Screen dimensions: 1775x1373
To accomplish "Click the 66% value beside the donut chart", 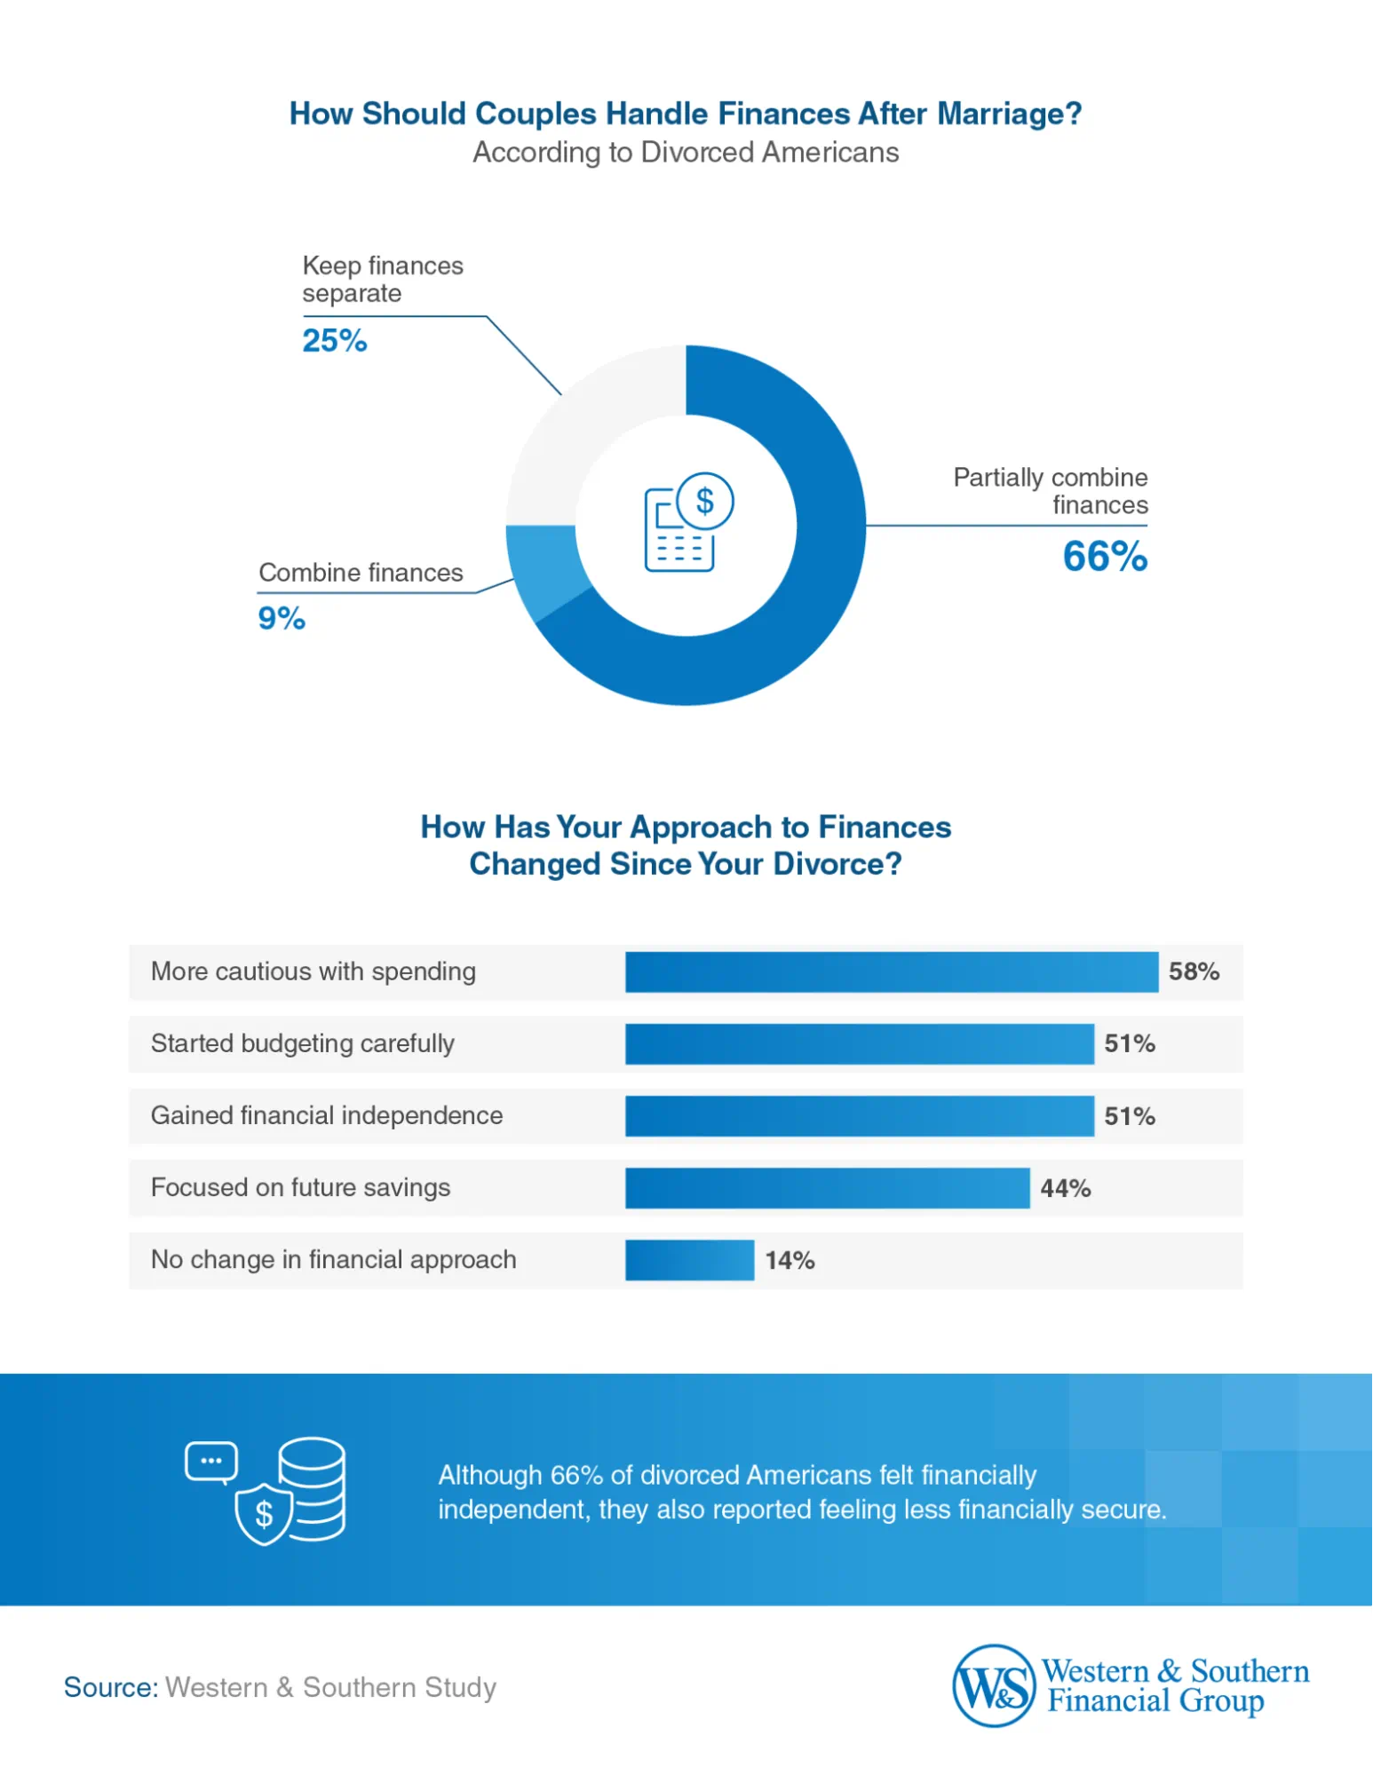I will [x=1105, y=558].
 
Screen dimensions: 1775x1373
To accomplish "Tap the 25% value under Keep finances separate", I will [x=335, y=341].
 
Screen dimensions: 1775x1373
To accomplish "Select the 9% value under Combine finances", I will [x=282, y=618].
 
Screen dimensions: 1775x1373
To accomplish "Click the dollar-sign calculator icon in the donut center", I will [x=687, y=522].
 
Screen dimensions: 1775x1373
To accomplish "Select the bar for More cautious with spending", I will [x=891, y=971].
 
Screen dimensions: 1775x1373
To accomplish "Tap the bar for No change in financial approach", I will [x=689, y=1260].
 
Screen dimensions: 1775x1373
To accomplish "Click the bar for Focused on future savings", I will [x=827, y=1188].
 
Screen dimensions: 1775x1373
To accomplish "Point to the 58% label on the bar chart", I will [x=1194, y=971].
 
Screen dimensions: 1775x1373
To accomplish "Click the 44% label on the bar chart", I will [x=1065, y=1188].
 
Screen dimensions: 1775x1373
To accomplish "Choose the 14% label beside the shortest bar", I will [x=790, y=1260].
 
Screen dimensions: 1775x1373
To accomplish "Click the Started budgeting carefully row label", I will [x=303, y=1043].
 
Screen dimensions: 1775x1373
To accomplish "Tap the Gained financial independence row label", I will [x=327, y=1115].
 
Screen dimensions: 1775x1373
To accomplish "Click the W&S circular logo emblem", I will [x=994, y=1684].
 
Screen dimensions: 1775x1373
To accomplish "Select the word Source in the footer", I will [x=110, y=1687].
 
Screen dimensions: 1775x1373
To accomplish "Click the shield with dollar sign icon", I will [x=264, y=1513].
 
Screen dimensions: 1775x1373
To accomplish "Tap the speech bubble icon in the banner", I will [x=211, y=1462].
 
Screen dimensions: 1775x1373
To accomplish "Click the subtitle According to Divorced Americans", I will [x=686, y=153].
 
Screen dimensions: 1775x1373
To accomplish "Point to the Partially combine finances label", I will [x=1051, y=491].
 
